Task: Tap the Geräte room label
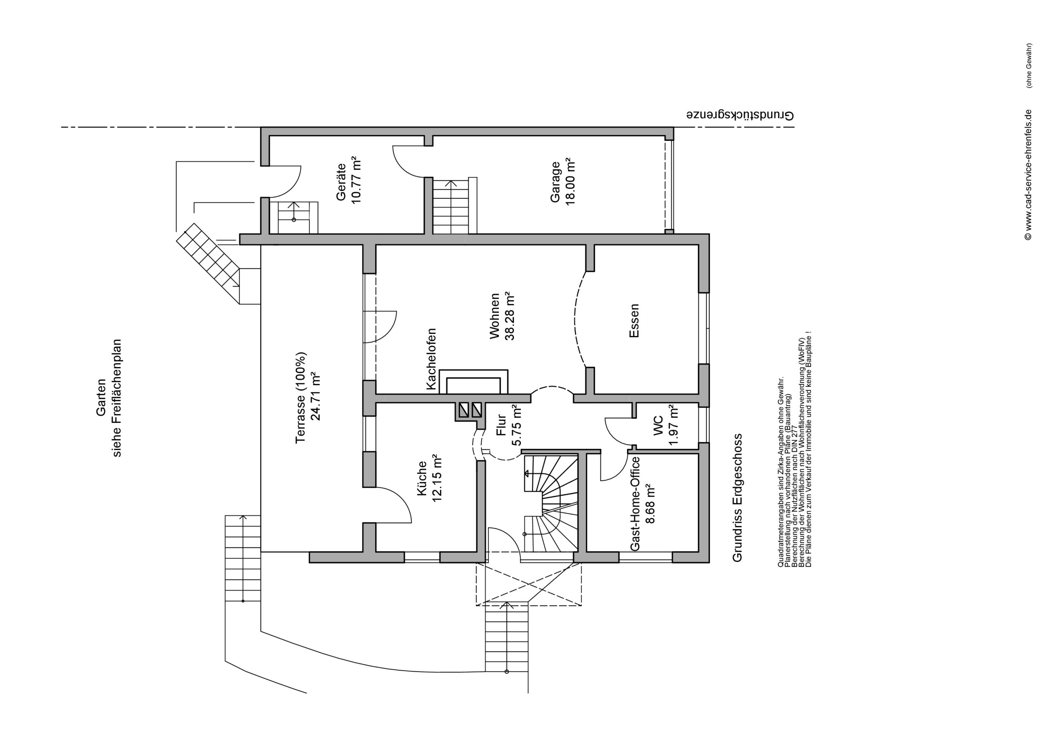341,182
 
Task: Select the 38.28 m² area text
510,316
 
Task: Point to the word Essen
634,321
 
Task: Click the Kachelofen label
431,359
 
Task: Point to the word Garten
101,397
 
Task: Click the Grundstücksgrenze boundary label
741,115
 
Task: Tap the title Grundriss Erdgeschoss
738,497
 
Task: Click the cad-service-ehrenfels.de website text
1028,175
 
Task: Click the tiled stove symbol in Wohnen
474,381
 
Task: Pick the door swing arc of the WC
613,436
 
